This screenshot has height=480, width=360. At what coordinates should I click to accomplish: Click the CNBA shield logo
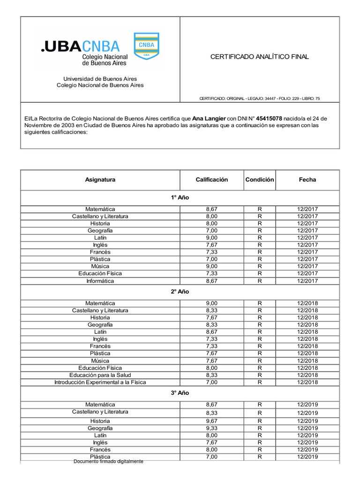point(146,46)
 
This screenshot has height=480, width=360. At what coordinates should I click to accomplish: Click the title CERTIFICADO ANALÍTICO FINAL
point(259,57)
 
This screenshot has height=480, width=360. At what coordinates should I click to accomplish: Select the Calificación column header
point(211,180)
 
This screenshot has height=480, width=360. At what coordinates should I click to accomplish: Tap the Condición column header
point(259,180)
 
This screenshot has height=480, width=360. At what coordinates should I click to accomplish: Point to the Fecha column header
point(307,180)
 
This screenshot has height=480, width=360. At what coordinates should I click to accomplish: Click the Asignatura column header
point(100,180)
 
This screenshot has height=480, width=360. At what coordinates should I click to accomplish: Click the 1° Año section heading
point(180,197)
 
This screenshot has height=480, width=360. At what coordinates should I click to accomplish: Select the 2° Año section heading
point(180,292)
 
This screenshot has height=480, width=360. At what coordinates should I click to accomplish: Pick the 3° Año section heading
point(180,393)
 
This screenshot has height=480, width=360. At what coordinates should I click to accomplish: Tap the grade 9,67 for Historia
point(211,421)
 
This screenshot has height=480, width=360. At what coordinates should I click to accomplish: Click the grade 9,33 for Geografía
point(211,428)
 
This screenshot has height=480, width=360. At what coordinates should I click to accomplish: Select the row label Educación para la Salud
point(100,375)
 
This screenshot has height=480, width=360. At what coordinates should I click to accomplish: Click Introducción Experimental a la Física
point(100,382)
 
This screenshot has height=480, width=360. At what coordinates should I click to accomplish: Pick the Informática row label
point(100,281)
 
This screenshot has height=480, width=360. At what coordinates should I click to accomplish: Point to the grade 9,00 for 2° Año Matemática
point(211,303)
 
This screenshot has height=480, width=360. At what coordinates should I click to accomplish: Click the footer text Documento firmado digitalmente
point(108,461)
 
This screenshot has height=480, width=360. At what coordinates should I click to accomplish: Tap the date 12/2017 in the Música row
point(307,266)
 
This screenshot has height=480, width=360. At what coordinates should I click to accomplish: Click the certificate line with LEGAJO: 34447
point(260,98)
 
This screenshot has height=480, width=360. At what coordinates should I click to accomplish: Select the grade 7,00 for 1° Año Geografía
point(211,231)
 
